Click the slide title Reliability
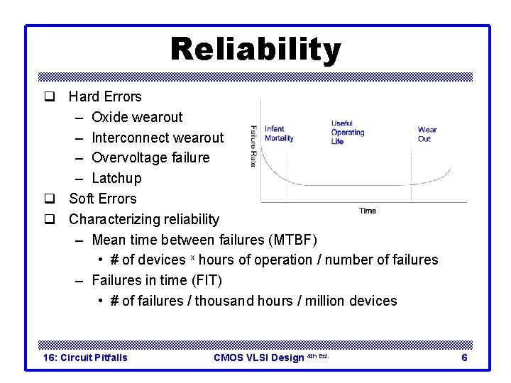(x=255, y=50)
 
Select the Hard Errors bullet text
(x=105, y=96)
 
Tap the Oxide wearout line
(x=137, y=117)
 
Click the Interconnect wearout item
(x=158, y=138)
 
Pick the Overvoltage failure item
(x=150, y=157)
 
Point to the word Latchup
(x=116, y=178)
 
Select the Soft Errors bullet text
(x=102, y=199)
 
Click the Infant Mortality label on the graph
(x=279, y=133)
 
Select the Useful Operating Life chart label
(x=347, y=133)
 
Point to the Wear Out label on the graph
(x=427, y=133)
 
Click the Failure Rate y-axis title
(x=253, y=146)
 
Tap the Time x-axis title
(x=368, y=211)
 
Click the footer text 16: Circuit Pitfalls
(x=86, y=357)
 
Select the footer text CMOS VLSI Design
(x=258, y=357)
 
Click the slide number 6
(x=464, y=357)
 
